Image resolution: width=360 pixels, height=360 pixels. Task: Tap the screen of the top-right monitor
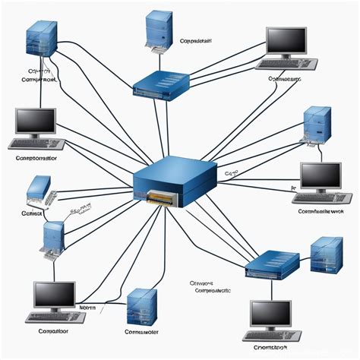click(286, 43)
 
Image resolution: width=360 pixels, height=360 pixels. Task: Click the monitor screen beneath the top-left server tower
click(36, 121)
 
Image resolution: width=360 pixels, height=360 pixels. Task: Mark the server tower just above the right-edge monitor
click(317, 125)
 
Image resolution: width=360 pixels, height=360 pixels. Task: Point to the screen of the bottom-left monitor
click(55, 295)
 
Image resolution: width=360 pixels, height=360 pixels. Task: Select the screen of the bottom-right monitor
click(272, 313)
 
